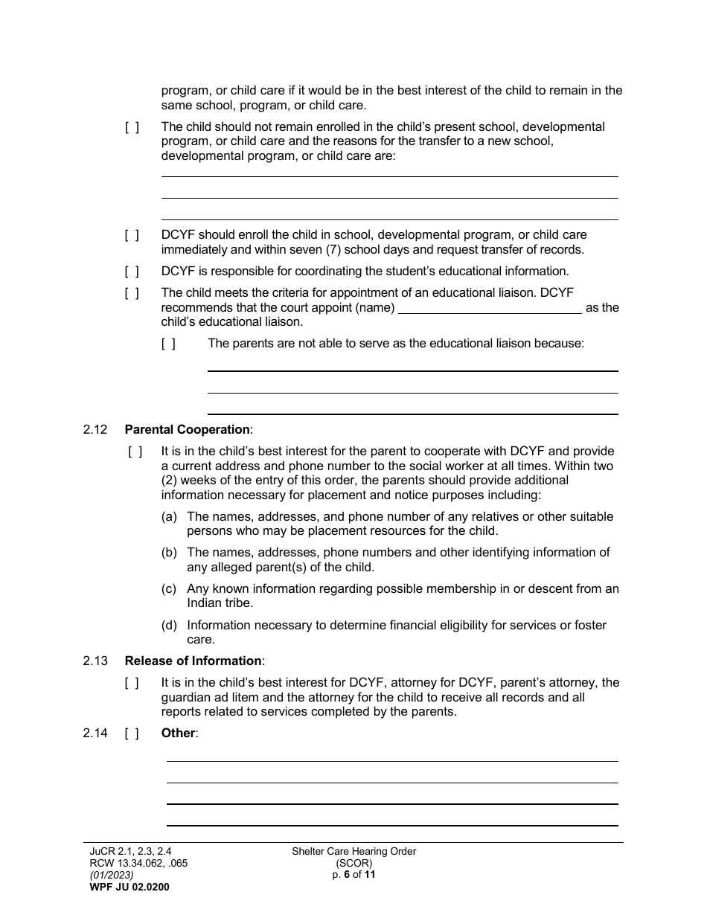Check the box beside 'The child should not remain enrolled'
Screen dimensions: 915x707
[132, 127]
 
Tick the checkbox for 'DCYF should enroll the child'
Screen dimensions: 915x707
[132, 235]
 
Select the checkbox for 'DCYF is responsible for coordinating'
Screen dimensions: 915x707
[132, 272]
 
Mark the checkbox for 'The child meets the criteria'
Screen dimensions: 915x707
[132, 293]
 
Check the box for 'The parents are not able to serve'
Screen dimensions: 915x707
[169, 344]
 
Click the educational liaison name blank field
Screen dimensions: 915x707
[490, 307]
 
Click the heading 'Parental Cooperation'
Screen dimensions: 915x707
[188, 429]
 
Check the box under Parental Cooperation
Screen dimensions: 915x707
[135, 452]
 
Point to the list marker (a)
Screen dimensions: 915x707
[169, 516]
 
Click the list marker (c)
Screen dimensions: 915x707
[169, 589]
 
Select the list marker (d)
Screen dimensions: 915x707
[169, 626]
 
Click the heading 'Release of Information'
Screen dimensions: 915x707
[193, 661]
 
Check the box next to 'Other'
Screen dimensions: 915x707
[132, 733]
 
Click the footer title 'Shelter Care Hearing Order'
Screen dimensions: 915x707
[353, 852]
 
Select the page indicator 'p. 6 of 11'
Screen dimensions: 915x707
[353, 875]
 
